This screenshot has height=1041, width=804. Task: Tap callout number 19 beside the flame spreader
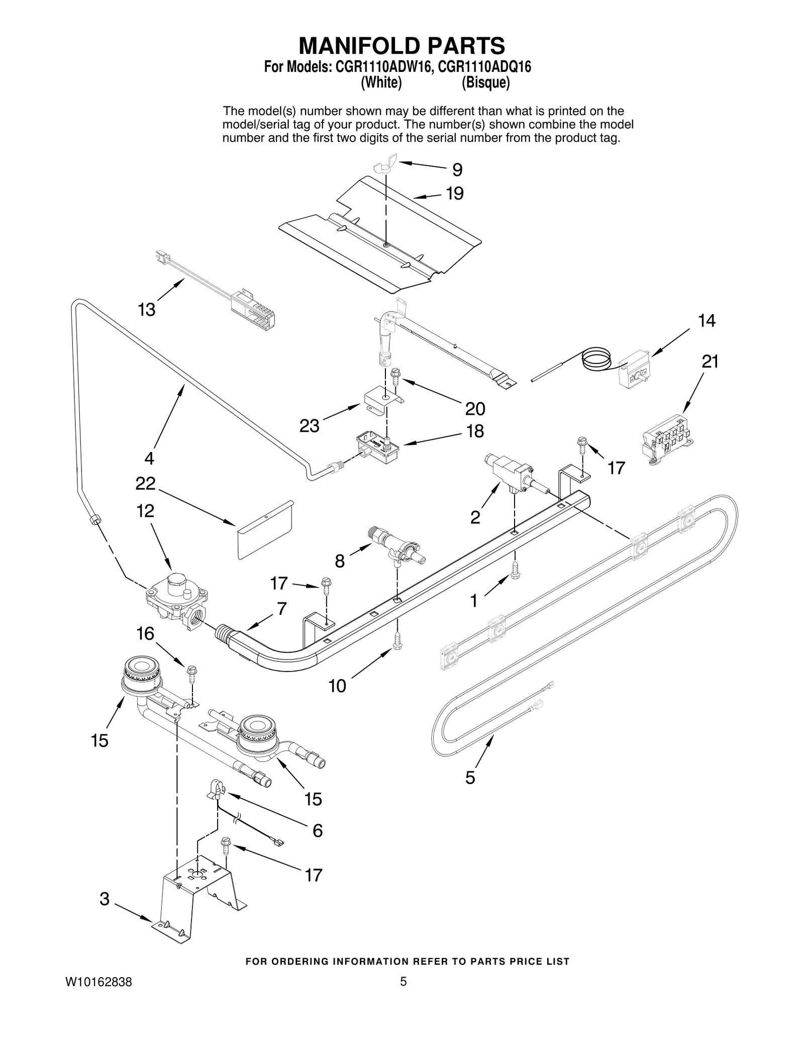point(455,194)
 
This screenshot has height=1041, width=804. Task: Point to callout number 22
point(145,484)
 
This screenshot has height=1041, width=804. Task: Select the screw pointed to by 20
point(394,375)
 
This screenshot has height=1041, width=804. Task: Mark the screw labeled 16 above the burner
point(191,673)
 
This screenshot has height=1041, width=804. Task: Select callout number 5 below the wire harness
point(470,778)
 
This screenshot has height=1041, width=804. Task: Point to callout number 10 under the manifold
point(337,686)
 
